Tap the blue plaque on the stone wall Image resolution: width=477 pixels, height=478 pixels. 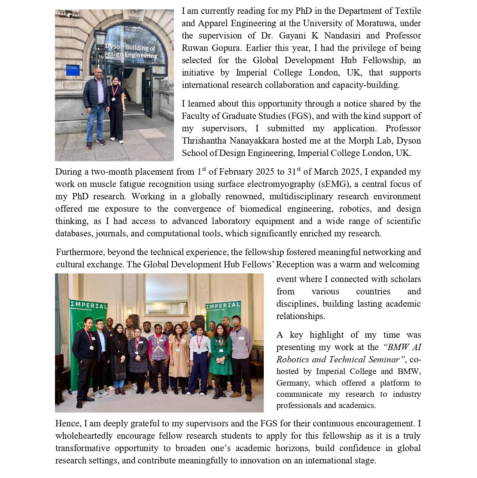(73, 70)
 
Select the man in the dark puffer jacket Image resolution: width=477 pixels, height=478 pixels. (96, 108)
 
